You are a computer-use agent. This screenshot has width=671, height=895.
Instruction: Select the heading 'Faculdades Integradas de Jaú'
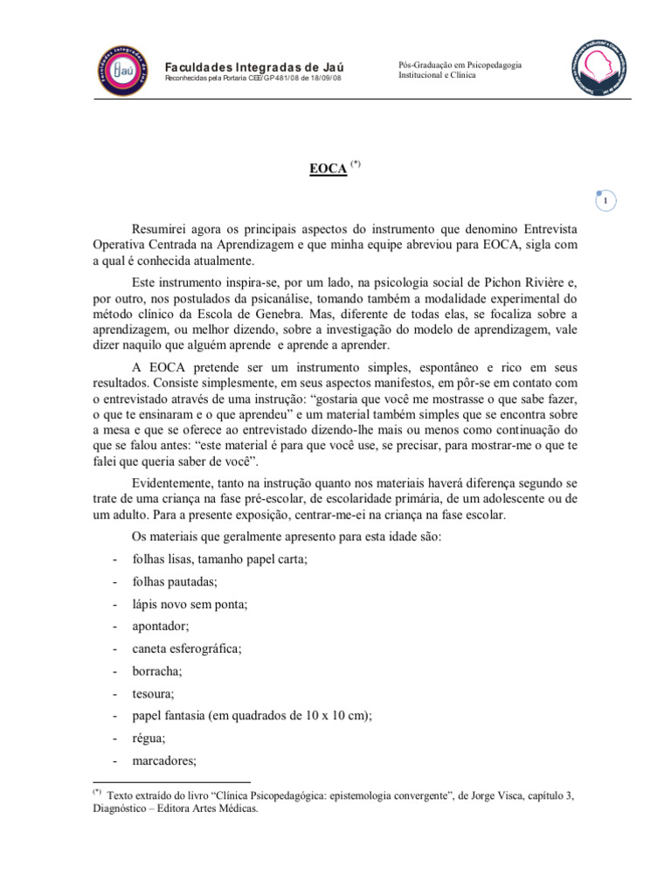pos(254,66)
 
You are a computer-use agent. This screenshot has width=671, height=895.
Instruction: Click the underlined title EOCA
pos(329,169)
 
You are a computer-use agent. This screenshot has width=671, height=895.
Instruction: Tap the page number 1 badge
pos(605,201)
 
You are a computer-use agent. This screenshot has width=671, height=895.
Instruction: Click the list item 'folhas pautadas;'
pos(175,581)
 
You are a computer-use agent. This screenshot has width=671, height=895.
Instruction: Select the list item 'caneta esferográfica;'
pos(187,649)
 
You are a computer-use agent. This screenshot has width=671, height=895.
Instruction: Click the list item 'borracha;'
pos(157,671)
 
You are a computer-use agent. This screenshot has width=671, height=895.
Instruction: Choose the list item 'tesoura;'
pos(153,694)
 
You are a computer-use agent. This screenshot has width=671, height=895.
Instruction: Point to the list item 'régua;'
pos(149,739)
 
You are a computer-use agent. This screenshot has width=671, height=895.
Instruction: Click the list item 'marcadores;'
pos(164,761)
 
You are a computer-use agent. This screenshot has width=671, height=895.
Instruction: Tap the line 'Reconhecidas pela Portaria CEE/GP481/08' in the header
pos(253,79)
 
